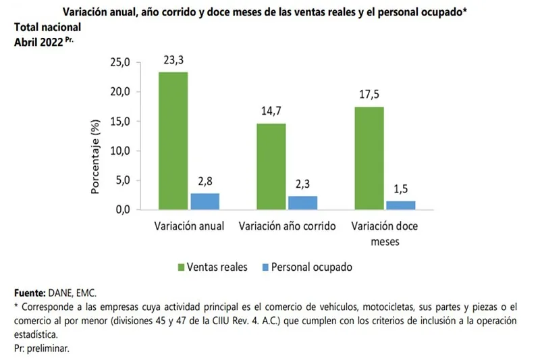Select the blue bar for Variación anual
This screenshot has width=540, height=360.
205,201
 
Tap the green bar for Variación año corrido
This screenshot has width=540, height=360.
271,166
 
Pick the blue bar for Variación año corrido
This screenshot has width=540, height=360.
302,203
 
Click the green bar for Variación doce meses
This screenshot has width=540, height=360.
369,158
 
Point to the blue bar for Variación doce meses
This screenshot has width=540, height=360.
400,205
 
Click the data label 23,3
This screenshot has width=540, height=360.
173,60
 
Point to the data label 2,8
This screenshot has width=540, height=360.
205,182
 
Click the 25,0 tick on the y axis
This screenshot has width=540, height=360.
120,63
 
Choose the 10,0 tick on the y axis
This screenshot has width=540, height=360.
120,151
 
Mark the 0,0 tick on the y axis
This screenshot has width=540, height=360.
122,209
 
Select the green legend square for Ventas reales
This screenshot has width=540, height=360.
182,267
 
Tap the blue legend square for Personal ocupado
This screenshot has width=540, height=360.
266,267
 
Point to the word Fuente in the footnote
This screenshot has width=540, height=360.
30,293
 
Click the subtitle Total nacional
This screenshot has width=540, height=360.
48,28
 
